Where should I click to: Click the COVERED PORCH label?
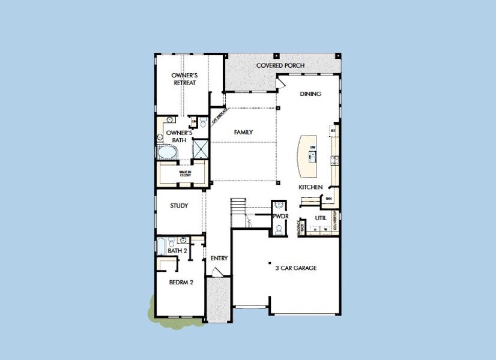point(280,65)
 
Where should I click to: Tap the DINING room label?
point(310,94)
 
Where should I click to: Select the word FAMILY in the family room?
point(243,132)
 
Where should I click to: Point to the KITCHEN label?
point(310,188)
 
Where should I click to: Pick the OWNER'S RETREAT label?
point(185,79)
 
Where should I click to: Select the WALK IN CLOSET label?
point(185,173)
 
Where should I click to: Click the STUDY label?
point(179,206)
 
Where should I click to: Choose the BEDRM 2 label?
point(181,282)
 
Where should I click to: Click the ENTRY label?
point(219,258)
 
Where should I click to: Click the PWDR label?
point(280,215)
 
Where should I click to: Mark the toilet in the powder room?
point(279,229)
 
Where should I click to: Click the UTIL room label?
point(320,218)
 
